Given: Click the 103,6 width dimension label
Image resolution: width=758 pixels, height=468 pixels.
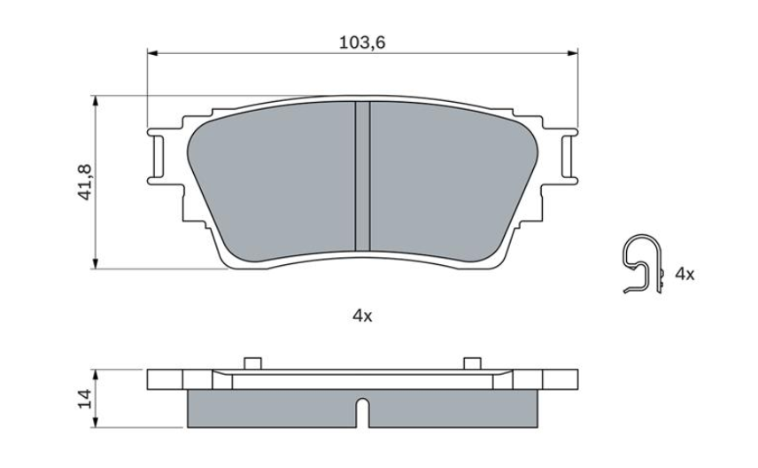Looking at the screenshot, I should pyautogui.click(x=362, y=41).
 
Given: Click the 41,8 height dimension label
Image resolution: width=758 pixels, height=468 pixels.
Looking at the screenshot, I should pyautogui.click(x=86, y=181).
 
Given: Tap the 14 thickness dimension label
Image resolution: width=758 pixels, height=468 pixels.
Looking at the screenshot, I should pyautogui.click(x=86, y=399).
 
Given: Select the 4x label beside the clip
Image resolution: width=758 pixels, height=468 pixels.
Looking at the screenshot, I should pyautogui.click(x=685, y=274).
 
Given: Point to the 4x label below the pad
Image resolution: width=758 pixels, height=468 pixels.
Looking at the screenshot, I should pyautogui.click(x=362, y=316).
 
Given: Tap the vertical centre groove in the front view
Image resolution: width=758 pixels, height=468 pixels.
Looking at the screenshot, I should pyautogui.click(x=361, y=175).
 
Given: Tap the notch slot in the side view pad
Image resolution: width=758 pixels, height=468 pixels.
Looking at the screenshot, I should pyautogui.click(x=361, y=410).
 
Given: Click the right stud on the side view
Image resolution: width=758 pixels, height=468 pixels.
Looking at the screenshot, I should pyautogui.click(x=472, y=363).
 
